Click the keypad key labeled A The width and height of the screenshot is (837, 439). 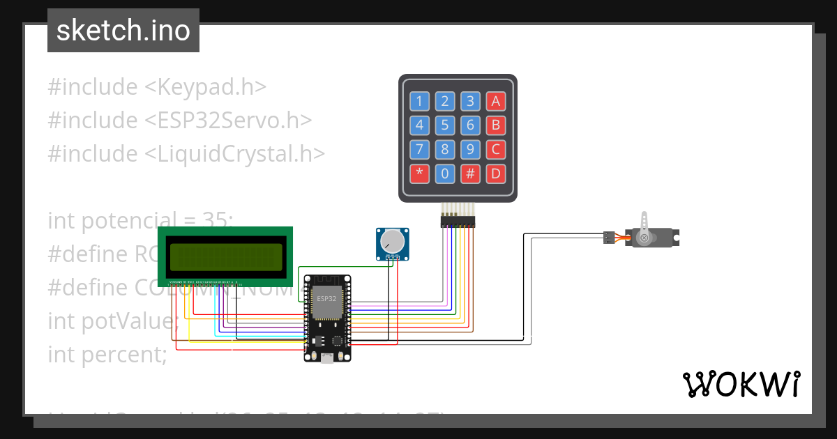pyautogui.click(x=496, y=101)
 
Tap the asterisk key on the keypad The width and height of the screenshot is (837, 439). pyautogui.click(x=419, y=174)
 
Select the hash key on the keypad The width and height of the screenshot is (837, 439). pyautogui.click(x=470, y=174)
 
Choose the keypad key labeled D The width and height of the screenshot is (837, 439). pyautogui.click(x=496, y=174)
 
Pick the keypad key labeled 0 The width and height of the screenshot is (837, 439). pyautogui.click(x=445, y=174)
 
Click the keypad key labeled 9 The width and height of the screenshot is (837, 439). pyautogui.click(x=470, y=149)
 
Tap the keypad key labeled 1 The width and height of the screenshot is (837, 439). pyautogui.click(x=419, y=101)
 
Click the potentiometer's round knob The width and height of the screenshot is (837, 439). pyautogui.click(x=393, y=241)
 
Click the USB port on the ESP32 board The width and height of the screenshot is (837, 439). pyautogui.click(x=327, y=358)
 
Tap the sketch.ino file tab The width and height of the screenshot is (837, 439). pyautogui.click(x=123, y=31)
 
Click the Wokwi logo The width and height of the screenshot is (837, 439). pyautogui.click(x=741, y=384)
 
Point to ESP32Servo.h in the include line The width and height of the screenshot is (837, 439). pyautogui.click(x=227, y=120)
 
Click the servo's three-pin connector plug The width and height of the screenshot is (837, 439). pyautogui.click(x=610, y=238)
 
